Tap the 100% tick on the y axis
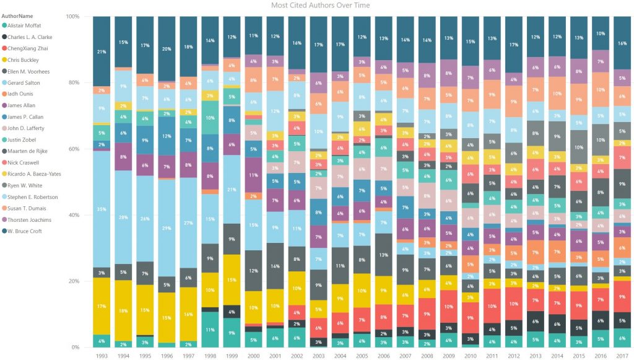73,16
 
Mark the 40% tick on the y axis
75,215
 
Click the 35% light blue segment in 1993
102,209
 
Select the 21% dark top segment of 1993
102,51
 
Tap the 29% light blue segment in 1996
167,229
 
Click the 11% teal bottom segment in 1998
210,329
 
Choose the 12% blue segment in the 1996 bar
167,136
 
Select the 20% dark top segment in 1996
167,48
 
